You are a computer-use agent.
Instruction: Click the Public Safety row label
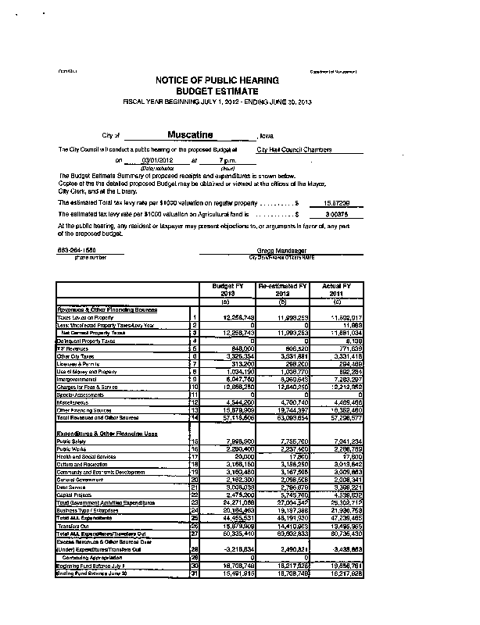(73, 441)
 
